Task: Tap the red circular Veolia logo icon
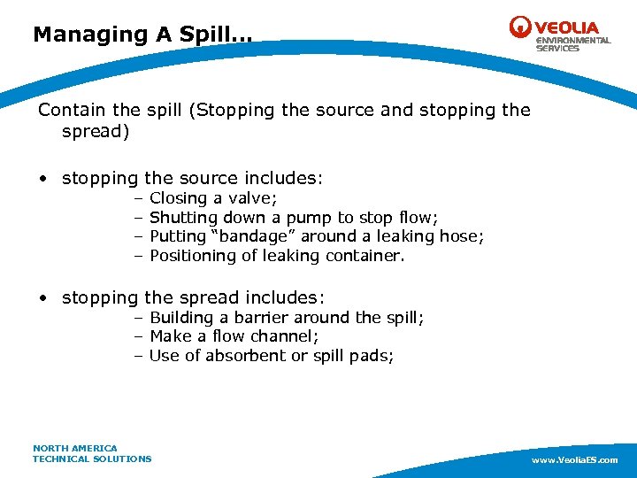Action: (520, 27)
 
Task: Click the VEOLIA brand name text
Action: (566, 27)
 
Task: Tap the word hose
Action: (463, 236)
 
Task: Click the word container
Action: (365, 256)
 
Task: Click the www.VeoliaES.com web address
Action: (574, 460)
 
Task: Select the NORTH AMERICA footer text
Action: (75, 448)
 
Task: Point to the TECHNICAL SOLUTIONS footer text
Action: (92, 459)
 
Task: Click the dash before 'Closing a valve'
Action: (139, 198)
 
